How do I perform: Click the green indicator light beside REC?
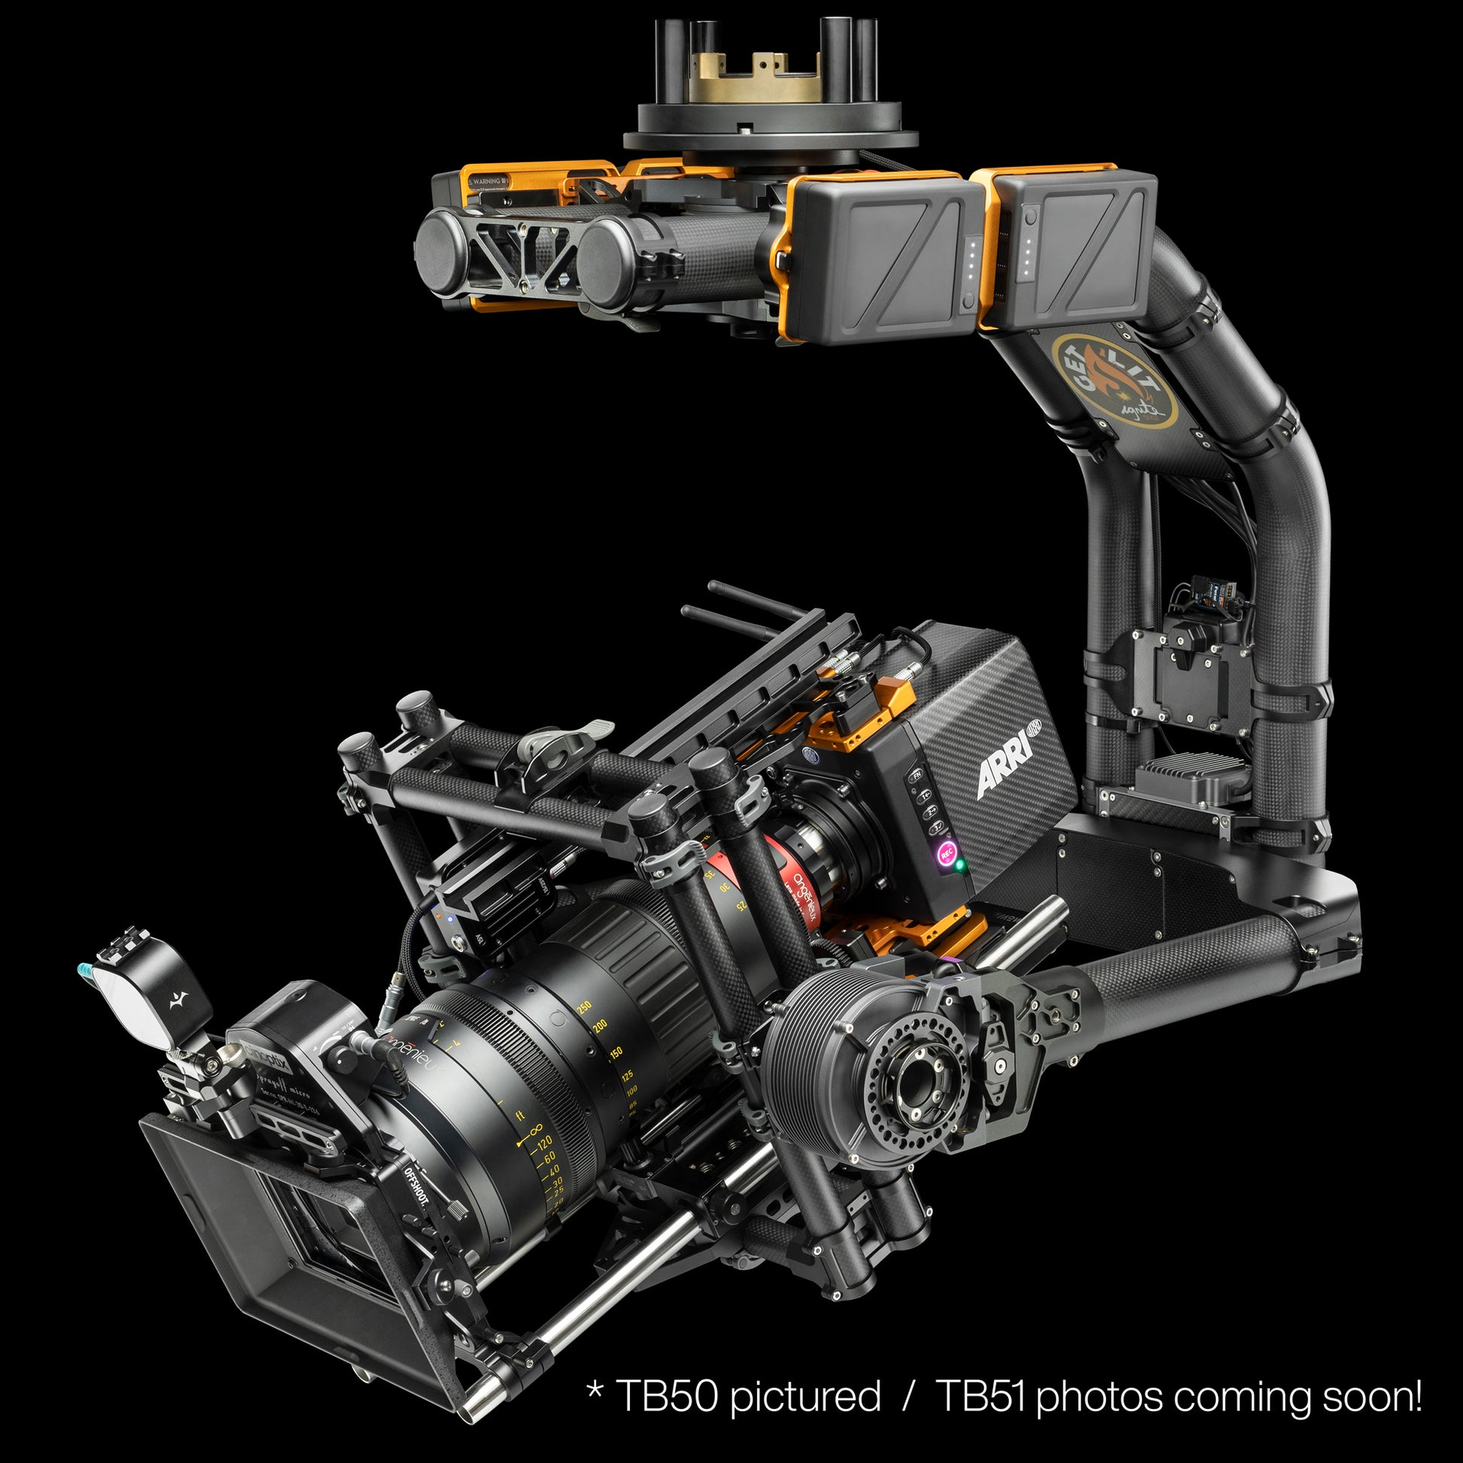pyautogui.click(x=960, y=865)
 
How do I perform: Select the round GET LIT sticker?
pyautogui.click(x=1114, y=381)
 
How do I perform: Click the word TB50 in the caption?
pyautogui.click(x=666, y=1395)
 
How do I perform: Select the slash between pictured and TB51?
pyautogui.click(x=909, y=1395)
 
